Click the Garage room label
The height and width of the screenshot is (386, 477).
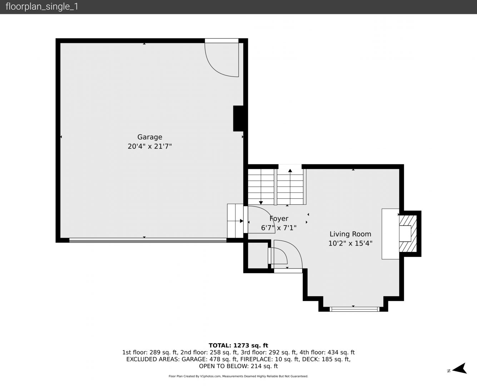[x=150, y=137]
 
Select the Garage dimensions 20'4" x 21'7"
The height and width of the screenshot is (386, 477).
[x=150, y=146]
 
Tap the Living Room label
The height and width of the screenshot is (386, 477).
[x=350, y=234]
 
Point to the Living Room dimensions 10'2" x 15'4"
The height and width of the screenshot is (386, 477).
[x=350, y=243]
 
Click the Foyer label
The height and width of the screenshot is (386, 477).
[x=279, y=219]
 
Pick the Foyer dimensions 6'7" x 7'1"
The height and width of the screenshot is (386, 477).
[x=279, y=228]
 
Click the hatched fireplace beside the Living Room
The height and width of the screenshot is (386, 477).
[x=408, y=233]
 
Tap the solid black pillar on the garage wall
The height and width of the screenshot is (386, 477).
[x=238, y=119]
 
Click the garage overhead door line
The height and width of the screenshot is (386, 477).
[x=148, y=240]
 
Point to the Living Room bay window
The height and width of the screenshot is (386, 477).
[x=355, y=309]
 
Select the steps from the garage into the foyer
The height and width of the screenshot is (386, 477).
[x=235, y=221]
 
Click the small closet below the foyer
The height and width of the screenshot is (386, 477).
[x=258, y=255]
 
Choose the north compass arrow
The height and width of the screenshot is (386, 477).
[x=459, y=368]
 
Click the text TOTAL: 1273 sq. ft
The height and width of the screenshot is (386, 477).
[x=238, y=346]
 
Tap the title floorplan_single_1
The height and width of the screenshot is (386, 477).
[x=42, y=7]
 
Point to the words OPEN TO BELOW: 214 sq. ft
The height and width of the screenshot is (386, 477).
[x=238, y=366]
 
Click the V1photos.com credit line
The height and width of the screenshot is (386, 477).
[x=238, y=376]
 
